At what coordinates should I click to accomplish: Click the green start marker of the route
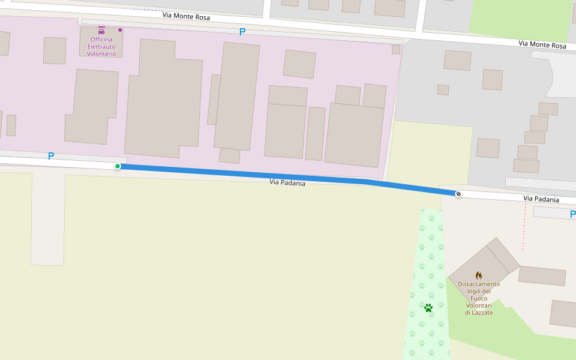pos(118,166)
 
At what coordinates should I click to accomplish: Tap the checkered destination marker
pos(458,193)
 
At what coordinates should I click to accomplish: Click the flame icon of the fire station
pos(478,275)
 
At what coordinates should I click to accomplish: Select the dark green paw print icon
pos(428,308)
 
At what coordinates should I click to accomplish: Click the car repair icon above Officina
pos(101,28)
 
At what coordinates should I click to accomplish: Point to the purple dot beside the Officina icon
pos(120,29)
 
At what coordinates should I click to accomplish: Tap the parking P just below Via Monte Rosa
pos(242,32)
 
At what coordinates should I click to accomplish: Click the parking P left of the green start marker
pos(51,156)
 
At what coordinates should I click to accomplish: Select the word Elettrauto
pos(101,47)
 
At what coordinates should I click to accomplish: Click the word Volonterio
pos(101,54)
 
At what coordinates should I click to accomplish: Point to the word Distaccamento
pos(478,284)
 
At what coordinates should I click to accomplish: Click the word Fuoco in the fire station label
pos(478,299)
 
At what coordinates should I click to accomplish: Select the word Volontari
pos(478,306)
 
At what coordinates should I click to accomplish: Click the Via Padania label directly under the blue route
pos(287,182)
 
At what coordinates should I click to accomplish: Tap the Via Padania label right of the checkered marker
pos(541,199)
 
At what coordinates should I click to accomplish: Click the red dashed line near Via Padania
pos(524,228)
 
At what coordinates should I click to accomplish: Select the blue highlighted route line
pos(240,173)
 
